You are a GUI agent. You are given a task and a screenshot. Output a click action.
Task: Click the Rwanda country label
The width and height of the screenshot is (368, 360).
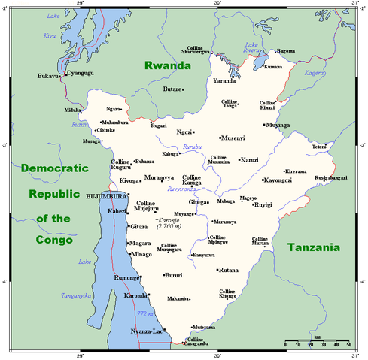point(168,66)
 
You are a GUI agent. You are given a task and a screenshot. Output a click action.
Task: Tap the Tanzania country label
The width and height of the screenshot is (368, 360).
point(314,247)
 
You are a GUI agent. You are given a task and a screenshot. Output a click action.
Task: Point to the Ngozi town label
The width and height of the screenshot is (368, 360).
point(185,132)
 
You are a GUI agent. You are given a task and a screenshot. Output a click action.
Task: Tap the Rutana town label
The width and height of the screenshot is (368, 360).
point(229,270)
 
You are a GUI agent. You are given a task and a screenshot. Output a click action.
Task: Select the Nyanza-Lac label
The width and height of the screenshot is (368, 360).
point(146,330)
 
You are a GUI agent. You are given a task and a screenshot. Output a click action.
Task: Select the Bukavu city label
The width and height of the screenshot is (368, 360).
point(47,77)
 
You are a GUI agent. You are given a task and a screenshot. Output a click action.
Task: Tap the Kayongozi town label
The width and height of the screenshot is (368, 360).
point(278,180)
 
